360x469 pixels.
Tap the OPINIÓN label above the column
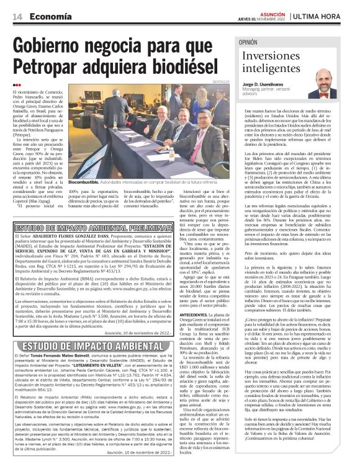point(251,43)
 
